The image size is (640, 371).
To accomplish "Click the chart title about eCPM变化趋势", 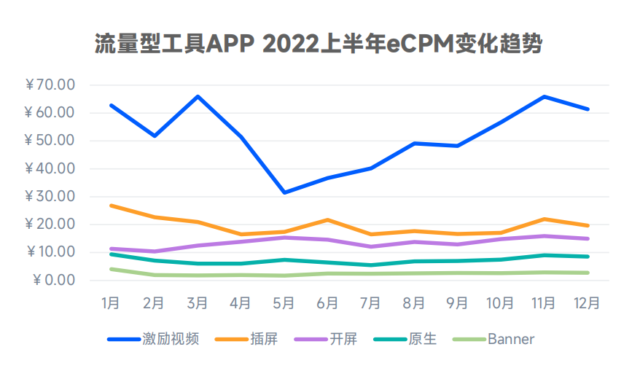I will [319, 44].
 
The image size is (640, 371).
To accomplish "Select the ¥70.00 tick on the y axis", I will [50, 85].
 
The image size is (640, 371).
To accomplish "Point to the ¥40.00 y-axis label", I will [50, 169].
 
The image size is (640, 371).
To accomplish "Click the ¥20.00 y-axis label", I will [50, 224].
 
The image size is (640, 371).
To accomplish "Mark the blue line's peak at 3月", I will [198, 96].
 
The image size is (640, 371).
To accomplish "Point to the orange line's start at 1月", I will [111, 206].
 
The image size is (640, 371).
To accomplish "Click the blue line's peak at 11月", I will [545, 96].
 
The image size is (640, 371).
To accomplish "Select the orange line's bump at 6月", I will [327, 219].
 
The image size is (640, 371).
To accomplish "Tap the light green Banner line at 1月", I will [111, 269].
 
